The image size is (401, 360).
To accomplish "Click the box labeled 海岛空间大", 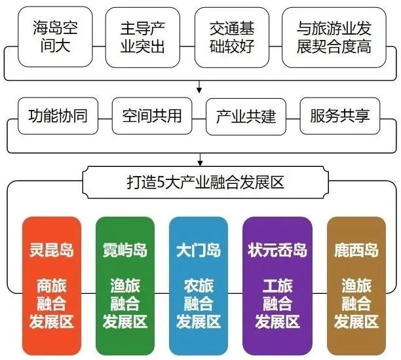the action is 55,37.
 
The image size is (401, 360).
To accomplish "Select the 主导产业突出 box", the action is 142,37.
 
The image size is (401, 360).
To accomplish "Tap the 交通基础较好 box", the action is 232,37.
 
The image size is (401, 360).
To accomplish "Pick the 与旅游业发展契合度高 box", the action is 334,37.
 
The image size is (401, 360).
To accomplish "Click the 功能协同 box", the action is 58,116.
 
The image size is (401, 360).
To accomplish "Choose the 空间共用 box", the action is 152,116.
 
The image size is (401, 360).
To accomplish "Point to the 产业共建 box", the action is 246,117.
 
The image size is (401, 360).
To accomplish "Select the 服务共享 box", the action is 340,116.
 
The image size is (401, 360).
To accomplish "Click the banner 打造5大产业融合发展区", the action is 205,183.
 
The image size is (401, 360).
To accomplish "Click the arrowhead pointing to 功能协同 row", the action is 199,90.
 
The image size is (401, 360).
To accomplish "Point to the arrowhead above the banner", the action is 200,163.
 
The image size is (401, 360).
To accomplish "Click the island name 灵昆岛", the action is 52,250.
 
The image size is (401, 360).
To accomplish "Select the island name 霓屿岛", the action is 125,250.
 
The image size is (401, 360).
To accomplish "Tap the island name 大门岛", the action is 199,250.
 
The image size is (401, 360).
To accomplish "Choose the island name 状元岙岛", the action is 277,250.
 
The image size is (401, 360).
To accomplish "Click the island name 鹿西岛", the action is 356,250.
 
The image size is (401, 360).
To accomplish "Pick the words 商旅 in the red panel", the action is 52,285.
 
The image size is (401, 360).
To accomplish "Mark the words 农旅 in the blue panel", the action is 199,285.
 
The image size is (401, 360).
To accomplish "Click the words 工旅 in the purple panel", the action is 277,285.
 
